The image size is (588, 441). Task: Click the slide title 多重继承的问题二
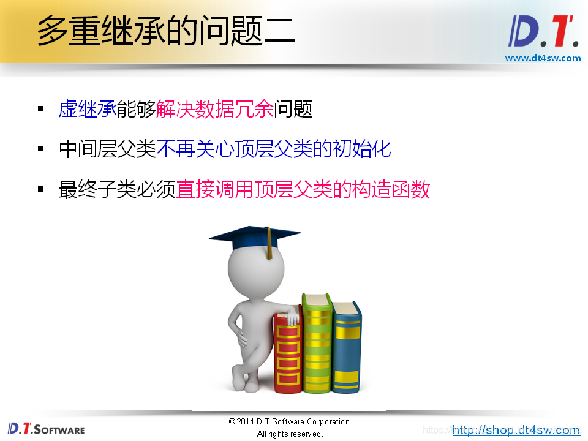click(x=165, y=31)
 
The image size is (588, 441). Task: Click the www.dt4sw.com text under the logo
click(x=543, y=58)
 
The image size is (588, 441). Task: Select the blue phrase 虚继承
click(x=88, y=109)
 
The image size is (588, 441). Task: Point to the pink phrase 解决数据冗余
click(x=215, y=109)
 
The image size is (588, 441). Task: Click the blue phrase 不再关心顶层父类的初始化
click(x=274, y=149)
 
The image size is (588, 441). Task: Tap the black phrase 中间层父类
click(x=107, y=149)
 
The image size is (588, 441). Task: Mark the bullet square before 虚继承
click(x=41, y=109)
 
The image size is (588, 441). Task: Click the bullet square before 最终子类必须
click(x=41, y=189)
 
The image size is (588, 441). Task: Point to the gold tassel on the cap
click(x=268, y=244)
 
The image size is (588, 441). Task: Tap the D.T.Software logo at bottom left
click(x=46, y=429)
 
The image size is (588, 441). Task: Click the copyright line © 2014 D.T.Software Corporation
click(x=290, y=422)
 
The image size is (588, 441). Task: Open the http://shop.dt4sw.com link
click(x=516, y=430)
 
